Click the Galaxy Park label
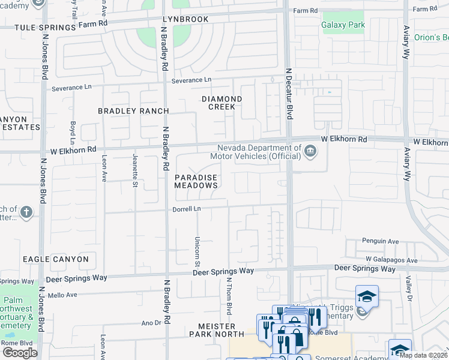pos(343,25)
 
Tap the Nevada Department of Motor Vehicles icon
pos(310,151)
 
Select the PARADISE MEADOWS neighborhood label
pos(196,182)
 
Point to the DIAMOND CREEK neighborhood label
pos(221,103)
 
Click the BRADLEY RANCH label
pos(133,111)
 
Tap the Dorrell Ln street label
pos(186,209)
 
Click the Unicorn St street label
pos(197,251)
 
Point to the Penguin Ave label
pos(381,241)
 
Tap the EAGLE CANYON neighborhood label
pos(56,259)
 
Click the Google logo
pos(20,352)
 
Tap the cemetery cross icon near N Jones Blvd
pos(26,212)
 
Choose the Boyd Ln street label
pos(73,131)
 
